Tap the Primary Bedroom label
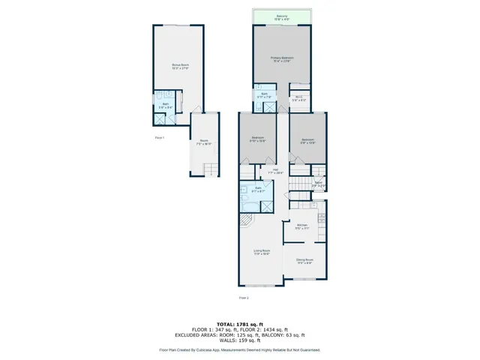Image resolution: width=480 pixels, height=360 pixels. (x=281, y=59)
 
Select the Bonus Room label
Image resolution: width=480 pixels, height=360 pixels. (x=180, y=67)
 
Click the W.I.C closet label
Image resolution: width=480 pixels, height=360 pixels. (x=299, y=97)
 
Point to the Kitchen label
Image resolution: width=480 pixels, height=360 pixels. (x=302, y=226)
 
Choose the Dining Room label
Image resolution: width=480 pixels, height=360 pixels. (x=304, y=261)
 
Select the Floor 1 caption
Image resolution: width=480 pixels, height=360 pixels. (x=159, y=138)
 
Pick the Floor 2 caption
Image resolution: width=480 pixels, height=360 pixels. (x=244, y=298)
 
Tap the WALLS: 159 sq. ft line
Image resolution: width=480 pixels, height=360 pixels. (x=239, y=341)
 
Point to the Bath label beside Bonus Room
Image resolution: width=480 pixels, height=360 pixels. (x=166, y=106)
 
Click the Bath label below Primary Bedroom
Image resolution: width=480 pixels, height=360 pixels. (x=265, y=95)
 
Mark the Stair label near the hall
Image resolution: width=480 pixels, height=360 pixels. (x=318, y=184)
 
